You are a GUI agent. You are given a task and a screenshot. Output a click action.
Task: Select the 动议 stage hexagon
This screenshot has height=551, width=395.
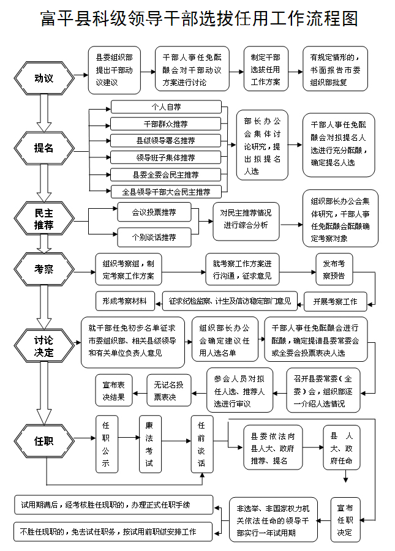(x=43, y=78)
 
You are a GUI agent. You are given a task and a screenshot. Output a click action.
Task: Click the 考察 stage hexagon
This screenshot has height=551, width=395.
(x=43, y=268)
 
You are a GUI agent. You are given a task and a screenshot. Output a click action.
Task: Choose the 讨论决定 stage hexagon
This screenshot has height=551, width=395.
(x=43, y=346)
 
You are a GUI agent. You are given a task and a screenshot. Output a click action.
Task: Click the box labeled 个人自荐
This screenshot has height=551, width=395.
(x=166, y=107)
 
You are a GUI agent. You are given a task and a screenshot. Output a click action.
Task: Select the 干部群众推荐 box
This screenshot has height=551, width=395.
(x=166, y=124)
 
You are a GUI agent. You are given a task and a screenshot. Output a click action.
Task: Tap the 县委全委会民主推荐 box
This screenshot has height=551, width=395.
(x=166, y=175)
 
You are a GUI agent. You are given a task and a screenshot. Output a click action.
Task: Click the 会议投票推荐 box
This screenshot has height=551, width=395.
(x=154, y=212)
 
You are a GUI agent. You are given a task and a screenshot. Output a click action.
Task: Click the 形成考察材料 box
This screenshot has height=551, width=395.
(x=125, y=301)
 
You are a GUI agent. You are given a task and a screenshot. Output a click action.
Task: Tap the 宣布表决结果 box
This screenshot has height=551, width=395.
(x=113, y=391)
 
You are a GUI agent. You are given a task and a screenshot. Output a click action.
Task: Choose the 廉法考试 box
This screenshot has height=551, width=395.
(x=148, y=444)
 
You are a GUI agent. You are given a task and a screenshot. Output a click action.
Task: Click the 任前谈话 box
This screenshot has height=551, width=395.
(x=201, y=444)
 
